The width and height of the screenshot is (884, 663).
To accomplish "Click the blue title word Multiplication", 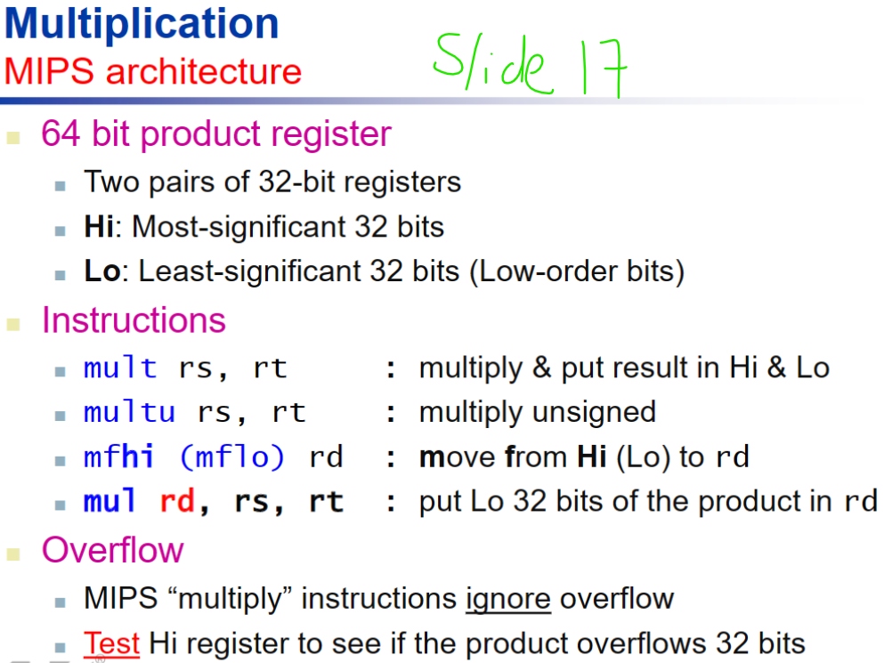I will point(142,24).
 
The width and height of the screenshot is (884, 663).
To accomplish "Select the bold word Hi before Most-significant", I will point(98,227).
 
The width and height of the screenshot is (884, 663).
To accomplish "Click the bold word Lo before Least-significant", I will point(101,271).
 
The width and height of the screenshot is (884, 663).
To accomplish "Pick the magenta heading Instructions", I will point(134,320).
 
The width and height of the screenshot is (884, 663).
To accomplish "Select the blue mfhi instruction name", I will point(119,457).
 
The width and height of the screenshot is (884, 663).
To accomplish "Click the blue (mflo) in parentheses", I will point(232,457).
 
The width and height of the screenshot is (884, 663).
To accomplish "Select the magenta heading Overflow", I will point(112,550).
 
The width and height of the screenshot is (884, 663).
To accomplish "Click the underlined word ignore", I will point(507,598).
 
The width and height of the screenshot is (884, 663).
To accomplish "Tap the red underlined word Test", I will point(112,643).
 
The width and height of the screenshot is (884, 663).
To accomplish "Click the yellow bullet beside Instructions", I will point(13,323).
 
